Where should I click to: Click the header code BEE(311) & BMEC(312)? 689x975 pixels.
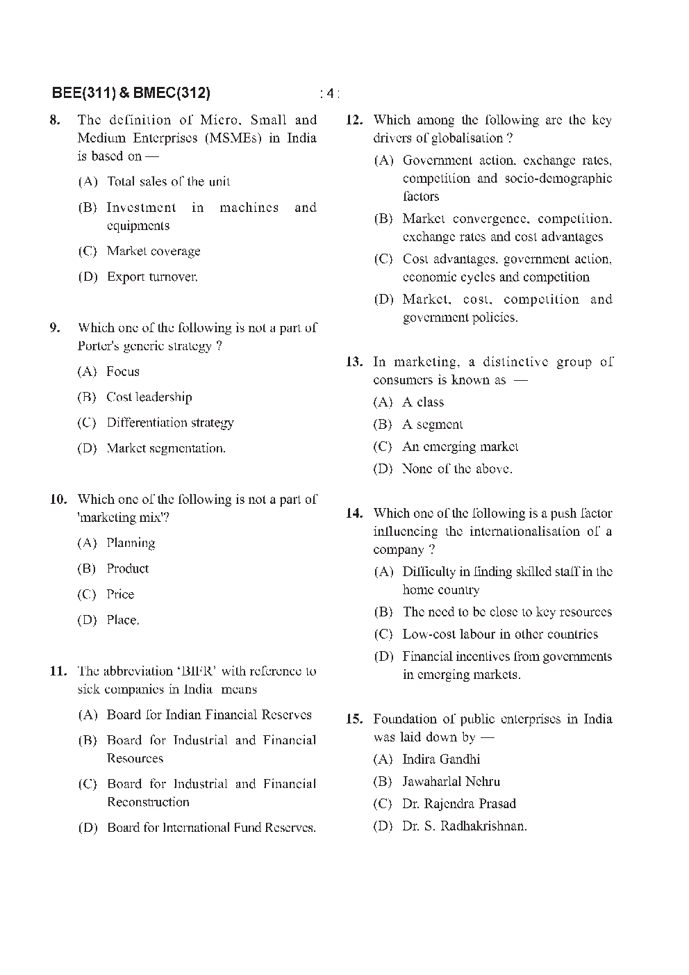[131, 93]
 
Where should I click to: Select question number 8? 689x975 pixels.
[55, 120]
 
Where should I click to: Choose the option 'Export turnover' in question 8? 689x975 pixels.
[152, 277]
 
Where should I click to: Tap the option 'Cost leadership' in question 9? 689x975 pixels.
[149, 397]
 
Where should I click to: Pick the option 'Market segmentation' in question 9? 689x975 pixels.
[165, 448]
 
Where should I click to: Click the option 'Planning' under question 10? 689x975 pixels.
[131, 543]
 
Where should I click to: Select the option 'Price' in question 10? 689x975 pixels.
[120, 594]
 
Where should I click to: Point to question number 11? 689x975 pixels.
[58, 671]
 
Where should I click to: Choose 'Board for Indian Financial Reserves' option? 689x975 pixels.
[209, 714]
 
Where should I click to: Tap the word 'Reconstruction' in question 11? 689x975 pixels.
[148, 802]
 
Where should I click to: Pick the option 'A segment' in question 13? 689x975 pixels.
[432, 425]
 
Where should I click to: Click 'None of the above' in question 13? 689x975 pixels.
[457, 469]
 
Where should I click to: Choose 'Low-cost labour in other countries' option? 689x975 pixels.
[500, 634]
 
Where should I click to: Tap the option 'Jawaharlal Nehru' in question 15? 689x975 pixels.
[451, 781]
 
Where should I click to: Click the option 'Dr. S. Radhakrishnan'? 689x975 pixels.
[464, 826]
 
